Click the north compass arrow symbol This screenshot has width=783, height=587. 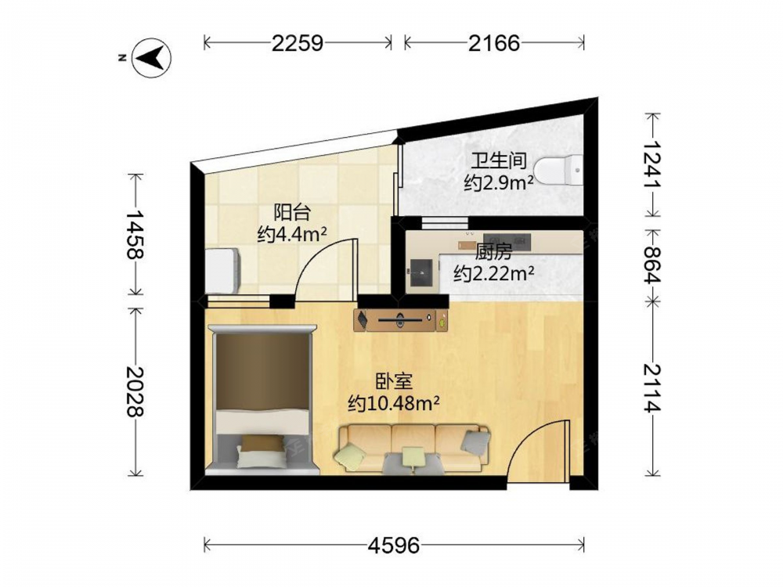tap(151, 57)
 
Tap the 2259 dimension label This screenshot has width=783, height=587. tap(298, 43)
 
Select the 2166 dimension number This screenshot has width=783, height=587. tap(494, 43)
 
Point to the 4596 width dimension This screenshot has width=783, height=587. tap(394, 545)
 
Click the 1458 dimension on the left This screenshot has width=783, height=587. tap(135, 235)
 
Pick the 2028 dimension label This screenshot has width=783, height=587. tap(135, 391)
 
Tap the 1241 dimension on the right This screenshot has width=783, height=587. tap(651, 164)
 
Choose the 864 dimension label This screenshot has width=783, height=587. tap(651, 265)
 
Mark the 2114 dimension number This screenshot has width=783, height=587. tap(651, 388)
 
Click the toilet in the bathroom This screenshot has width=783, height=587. tap(559, 171)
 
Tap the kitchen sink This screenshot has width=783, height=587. tap(421, 274)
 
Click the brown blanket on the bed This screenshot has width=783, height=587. tap(262, 372)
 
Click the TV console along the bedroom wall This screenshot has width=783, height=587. tap(401, 320)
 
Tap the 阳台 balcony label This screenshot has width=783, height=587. tap(292, 213)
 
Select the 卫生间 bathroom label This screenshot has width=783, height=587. tap(500, 161)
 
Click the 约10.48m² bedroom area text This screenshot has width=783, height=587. tap(394, 403)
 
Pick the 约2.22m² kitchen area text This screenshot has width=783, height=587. tap(493, 273)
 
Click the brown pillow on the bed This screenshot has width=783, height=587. tap(262, 443)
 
